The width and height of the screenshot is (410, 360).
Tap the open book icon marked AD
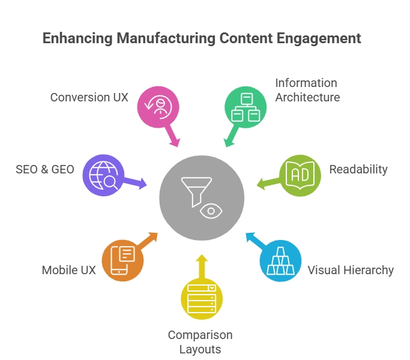[x=299, y=175]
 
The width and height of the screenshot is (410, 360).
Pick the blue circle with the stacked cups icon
[x=280, y=260]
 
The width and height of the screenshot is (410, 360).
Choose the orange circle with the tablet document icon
[x=122, y=260]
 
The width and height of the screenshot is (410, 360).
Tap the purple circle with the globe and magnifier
[x=103, y=175]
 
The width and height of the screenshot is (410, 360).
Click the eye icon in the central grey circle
[x=211, y=211]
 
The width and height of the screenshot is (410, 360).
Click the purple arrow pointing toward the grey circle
[x=139, y=183]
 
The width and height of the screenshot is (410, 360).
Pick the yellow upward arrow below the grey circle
[x=202, y=263]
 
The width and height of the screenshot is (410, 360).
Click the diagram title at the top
[x=201, y=37]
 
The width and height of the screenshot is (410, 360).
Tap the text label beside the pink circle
[x=88, y=98]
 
